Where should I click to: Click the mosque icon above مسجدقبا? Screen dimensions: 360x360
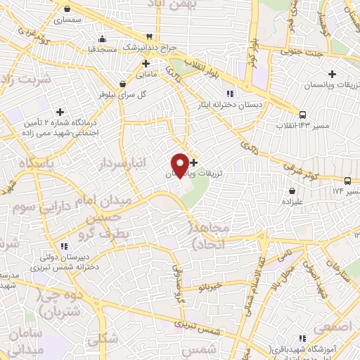pyautogui.click(x=103, y=39)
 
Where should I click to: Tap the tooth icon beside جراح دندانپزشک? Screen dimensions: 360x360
pyautogui.click(x=149, y=37)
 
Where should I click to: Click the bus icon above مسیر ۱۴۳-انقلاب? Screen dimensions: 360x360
pyautogui.click(x=302, y=115)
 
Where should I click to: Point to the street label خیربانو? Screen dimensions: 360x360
pyautogui.click(x=210, y=286)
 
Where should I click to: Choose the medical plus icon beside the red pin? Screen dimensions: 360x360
pyautogui.click(x=194, y=162)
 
